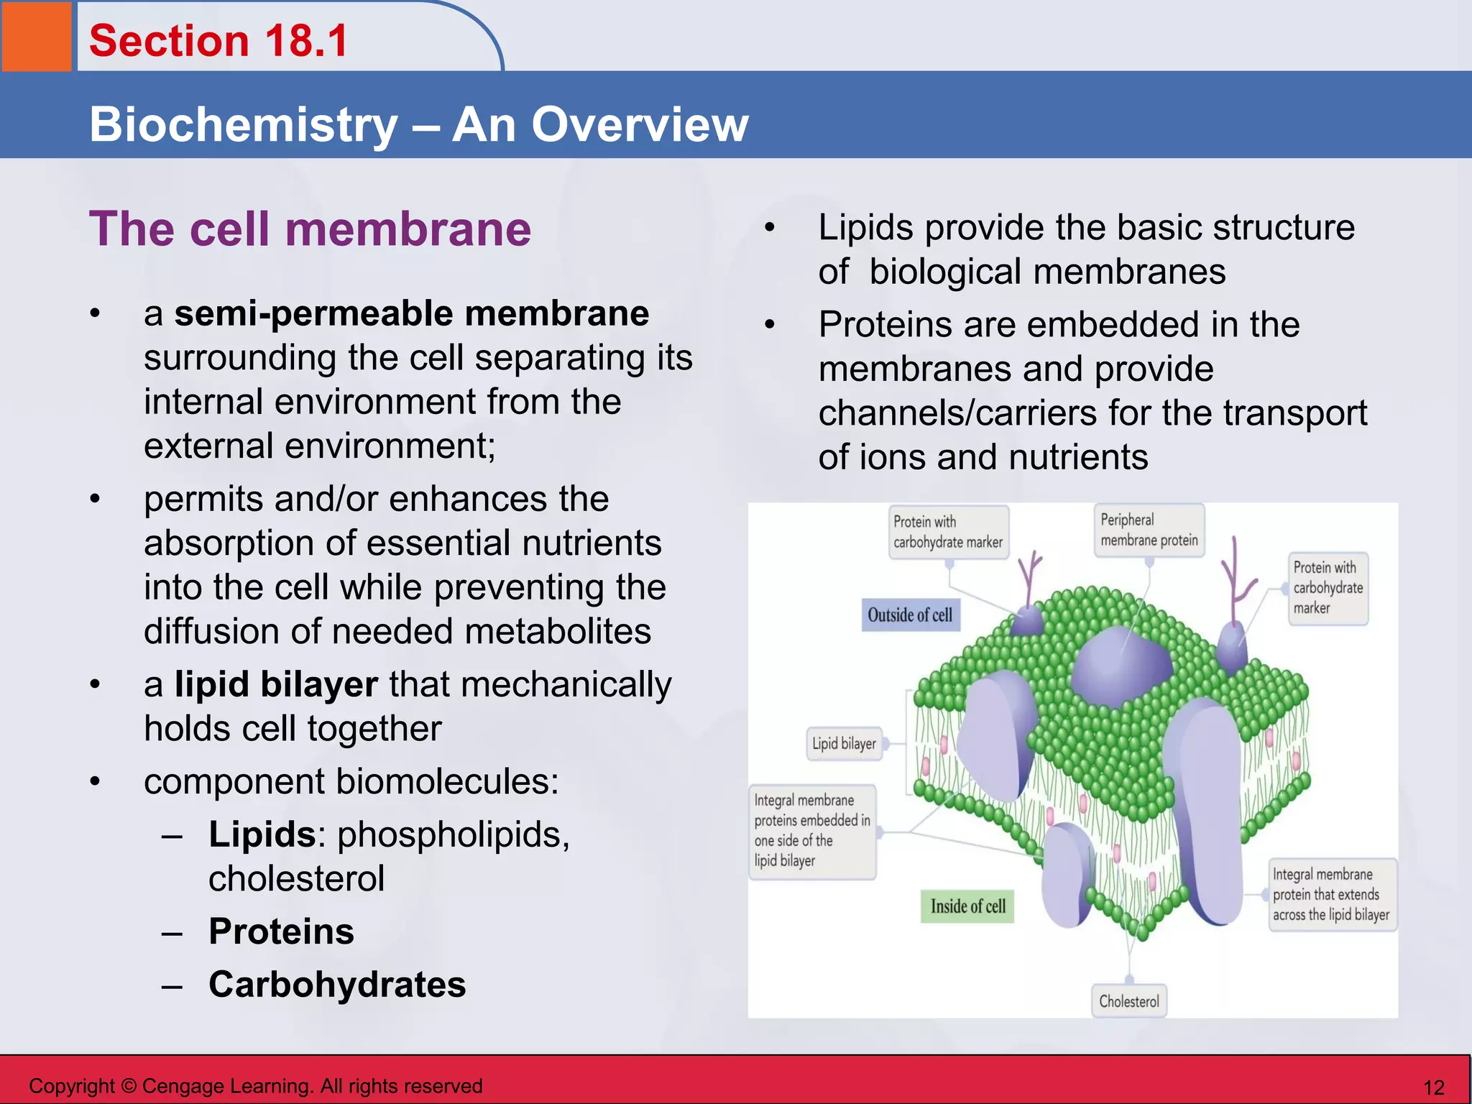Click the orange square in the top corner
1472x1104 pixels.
point(36,36)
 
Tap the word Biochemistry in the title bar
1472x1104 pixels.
point(243,125)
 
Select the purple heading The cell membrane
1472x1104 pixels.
point(310,229)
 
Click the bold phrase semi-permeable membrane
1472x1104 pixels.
point(411,314)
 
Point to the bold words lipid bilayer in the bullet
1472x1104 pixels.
point(276,684)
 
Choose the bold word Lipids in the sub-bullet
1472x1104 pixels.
point(262,834)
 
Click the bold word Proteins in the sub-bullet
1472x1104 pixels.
point(281,931)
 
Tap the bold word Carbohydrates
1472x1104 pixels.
point(337,985)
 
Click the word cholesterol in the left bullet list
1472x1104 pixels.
point(296,878)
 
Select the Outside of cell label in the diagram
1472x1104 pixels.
point(910,615)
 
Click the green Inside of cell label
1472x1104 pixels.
point(967,906)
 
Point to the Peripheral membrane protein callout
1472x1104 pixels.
point(1149,530)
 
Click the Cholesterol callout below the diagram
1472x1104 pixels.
point(1128,1001)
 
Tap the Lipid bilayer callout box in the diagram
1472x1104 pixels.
point(844,744)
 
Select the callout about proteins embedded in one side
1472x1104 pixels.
point(811,831)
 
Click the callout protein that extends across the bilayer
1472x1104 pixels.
point(1331,895)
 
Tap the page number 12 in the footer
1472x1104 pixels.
point(1434,1087)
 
